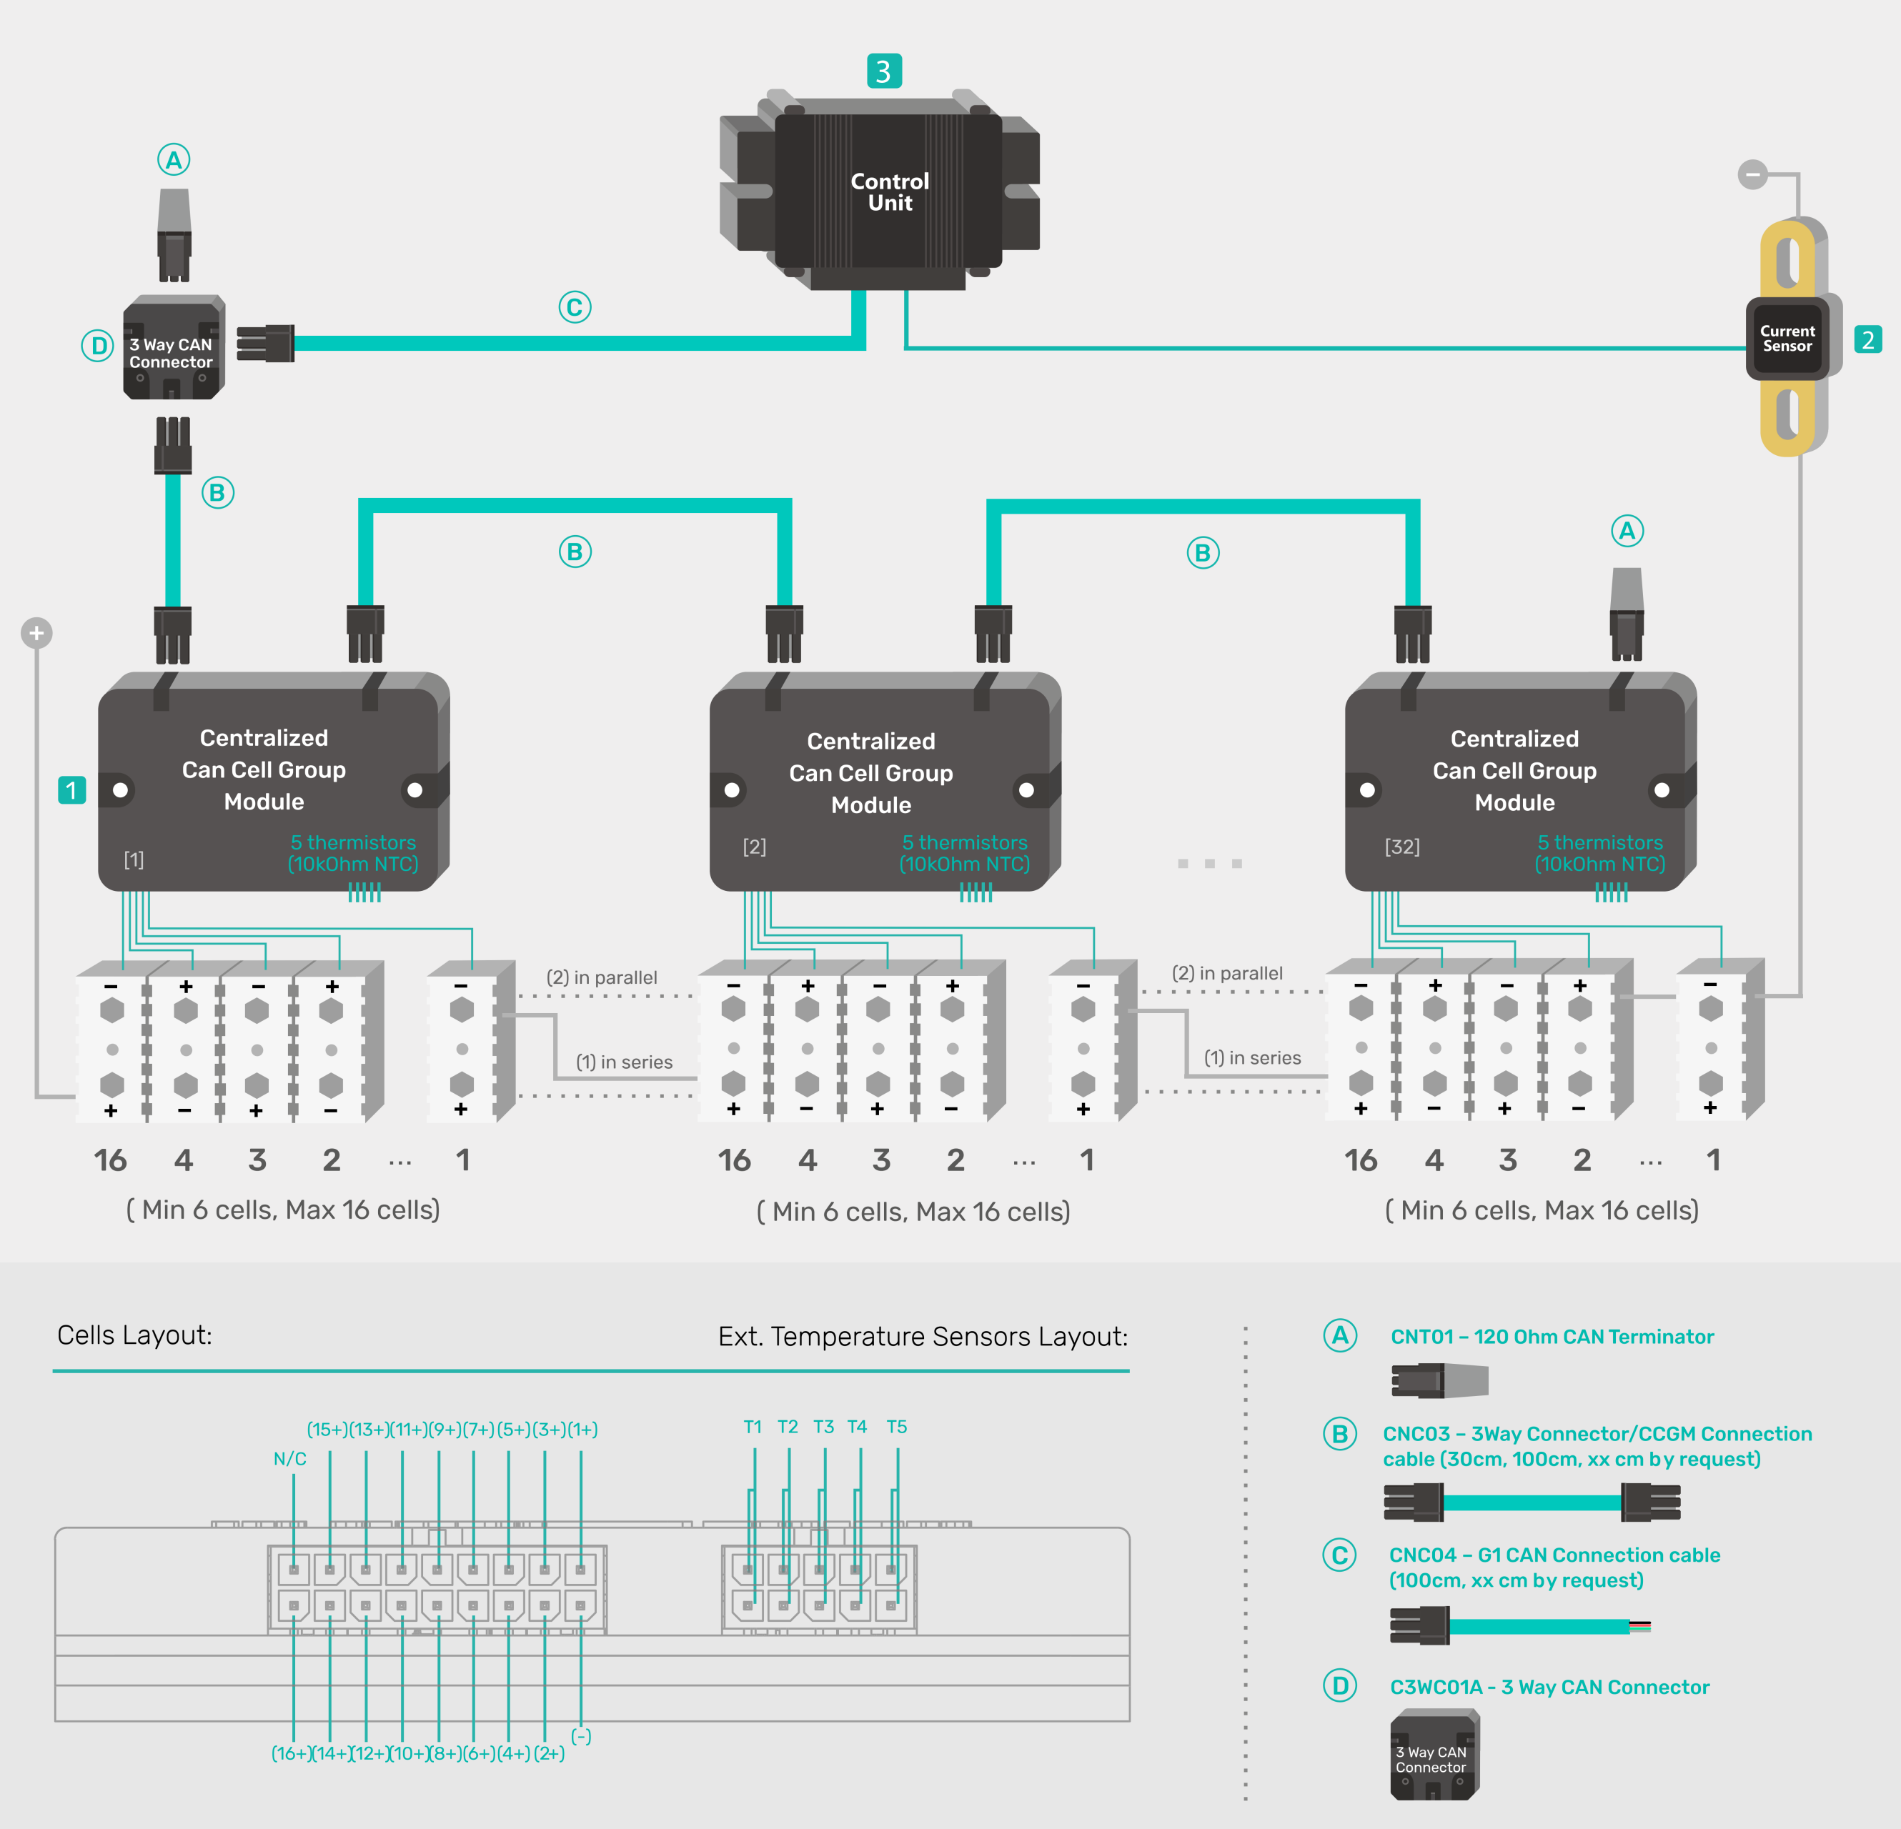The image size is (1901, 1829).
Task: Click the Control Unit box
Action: pos(888,192)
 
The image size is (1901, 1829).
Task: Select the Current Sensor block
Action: pos(1787,339)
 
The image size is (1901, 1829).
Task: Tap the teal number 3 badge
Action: pos(883,71)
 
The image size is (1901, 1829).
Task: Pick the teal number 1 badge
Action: pos(71,790)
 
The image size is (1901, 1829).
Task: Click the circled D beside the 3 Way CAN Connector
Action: pos(98,345)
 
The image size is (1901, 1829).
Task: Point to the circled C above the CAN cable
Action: pos(574,307)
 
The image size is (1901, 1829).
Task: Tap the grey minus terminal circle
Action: pos(1752,174)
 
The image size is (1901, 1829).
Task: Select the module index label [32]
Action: pos(1401,847)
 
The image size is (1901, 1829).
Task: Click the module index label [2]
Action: pos(753,847)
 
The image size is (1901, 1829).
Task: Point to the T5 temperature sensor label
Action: pos(896,1427)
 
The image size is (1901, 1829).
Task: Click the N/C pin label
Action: pos(289,1458)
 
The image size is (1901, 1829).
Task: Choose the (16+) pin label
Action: pos(290,1753)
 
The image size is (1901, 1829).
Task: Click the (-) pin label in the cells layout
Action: pos(581,1736)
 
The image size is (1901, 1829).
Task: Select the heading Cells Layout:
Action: pos(134,1335)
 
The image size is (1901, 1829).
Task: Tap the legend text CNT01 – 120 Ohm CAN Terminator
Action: pos(1552,1336)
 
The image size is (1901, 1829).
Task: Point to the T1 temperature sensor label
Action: pos(753,1427)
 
